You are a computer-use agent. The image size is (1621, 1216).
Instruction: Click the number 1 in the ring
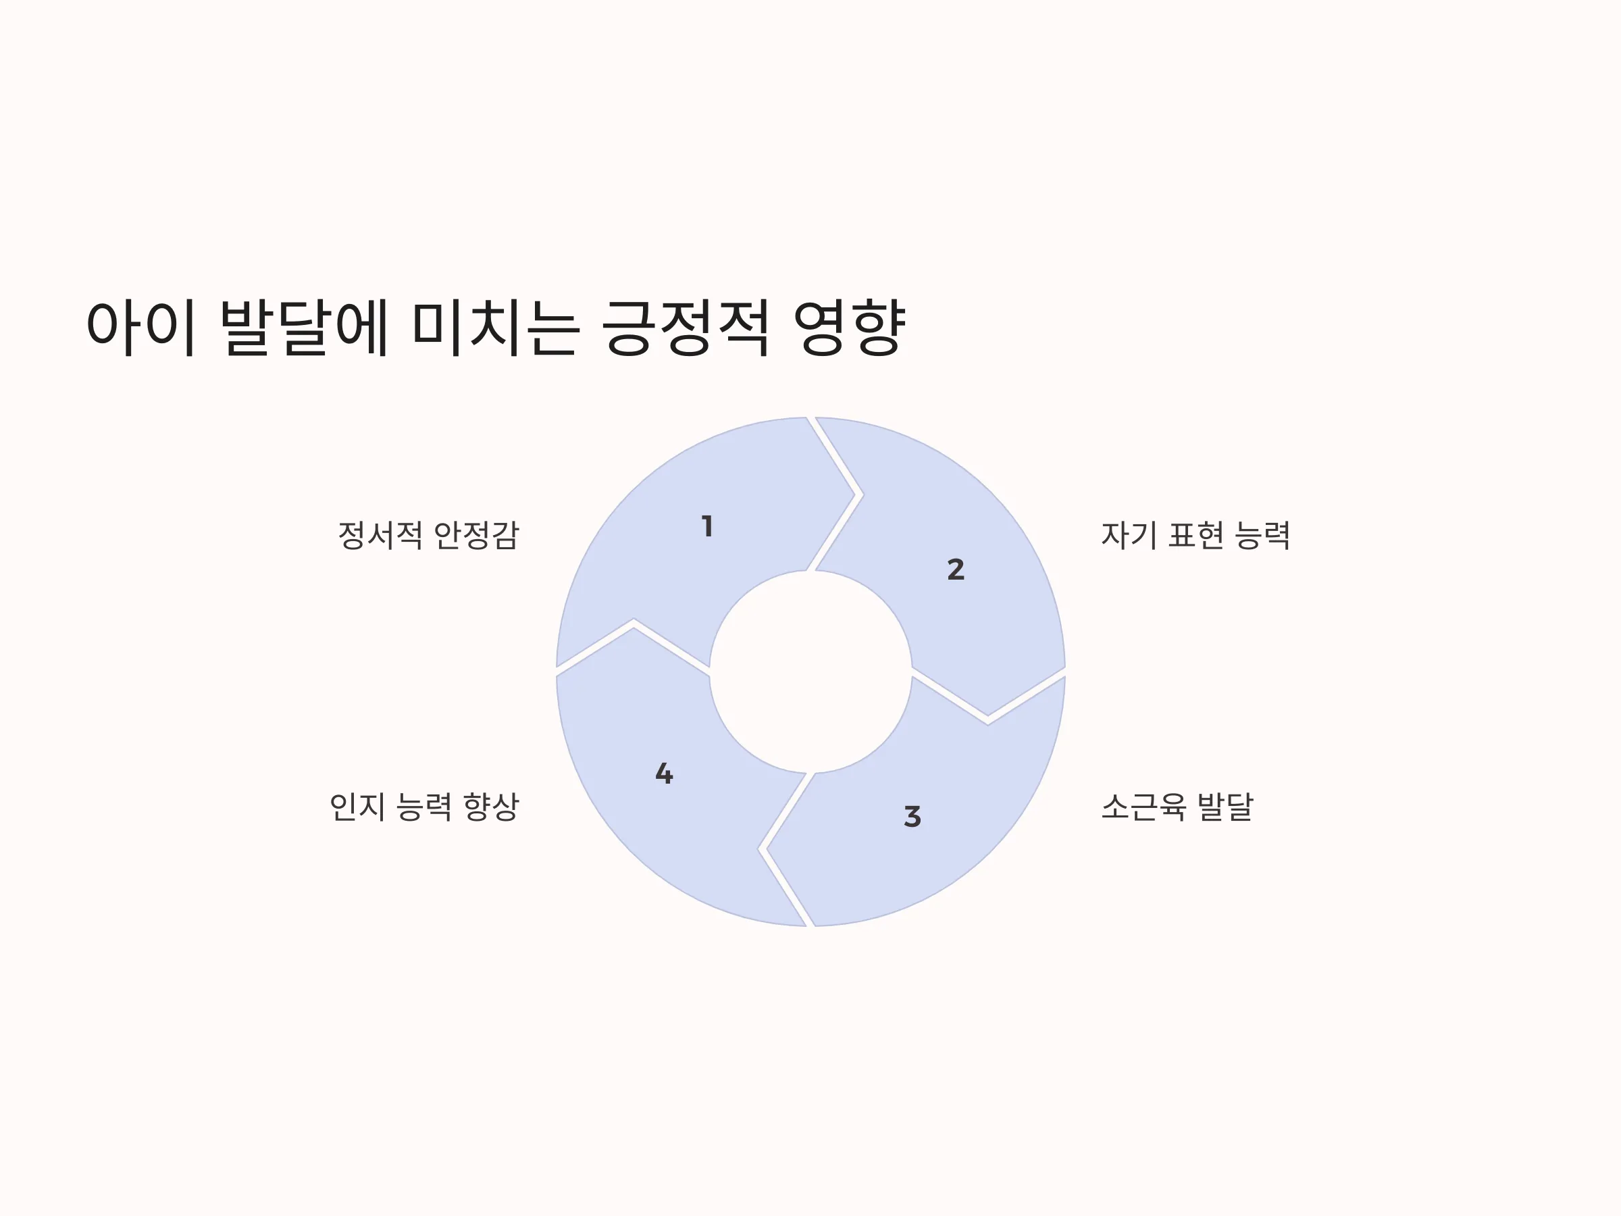click(x=707, y=526)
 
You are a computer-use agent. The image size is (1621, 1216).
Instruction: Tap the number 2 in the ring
click(x=956, y=569)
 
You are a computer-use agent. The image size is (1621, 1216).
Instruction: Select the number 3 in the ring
click(x=912, y=816)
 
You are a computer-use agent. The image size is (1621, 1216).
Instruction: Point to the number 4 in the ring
click(x=664, y=774)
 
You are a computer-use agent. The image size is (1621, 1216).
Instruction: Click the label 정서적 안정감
click(x=428, y=535)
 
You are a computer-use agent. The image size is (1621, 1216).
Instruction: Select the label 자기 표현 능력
click(x=1195, y=535)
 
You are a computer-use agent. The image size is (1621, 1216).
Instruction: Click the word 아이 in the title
click(x=140, y=327)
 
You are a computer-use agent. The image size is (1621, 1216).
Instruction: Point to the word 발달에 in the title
click(x=303, y=327)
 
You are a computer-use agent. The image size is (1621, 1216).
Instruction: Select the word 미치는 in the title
click(x=496, y=327)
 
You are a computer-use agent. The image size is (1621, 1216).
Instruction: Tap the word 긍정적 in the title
click(x=686, y=327)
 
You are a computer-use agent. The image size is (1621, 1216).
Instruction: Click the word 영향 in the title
click(x=850, y=327)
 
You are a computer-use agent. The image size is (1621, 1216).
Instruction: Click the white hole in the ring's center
click(x=810, y=672)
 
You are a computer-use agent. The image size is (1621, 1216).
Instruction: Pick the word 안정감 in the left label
click(x=476, y=535)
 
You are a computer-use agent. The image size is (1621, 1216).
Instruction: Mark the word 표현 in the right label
click(x=1196, y=535)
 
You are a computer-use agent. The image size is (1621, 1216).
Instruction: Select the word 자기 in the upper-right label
click(x=1129, y=535)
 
